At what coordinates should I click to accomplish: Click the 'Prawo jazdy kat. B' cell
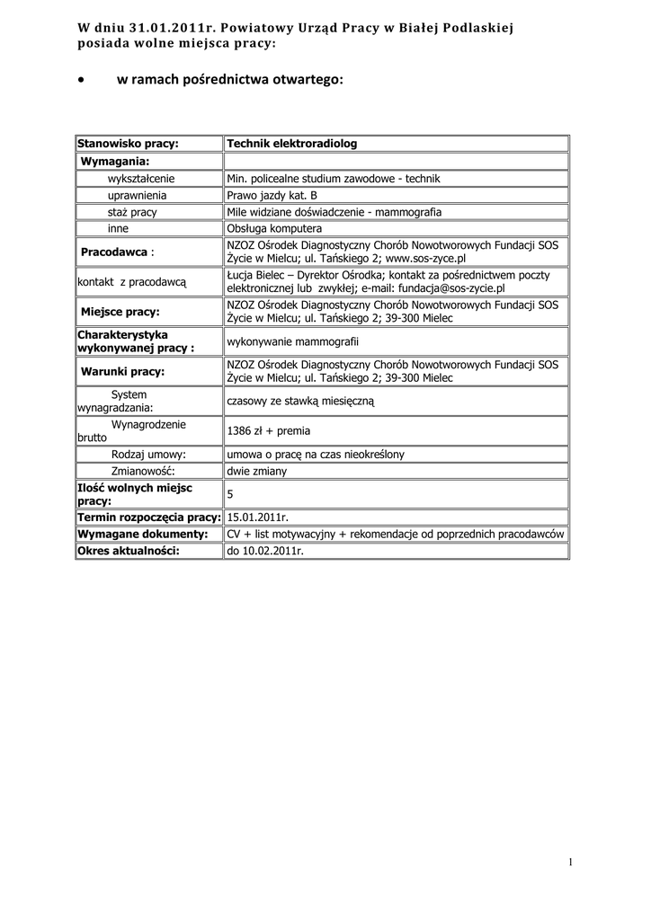(x=272, y=195)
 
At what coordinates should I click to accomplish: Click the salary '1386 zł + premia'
(x=269, y=430)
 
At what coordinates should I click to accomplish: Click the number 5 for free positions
(x=230, y=494)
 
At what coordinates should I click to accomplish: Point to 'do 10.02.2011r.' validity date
(x=265, y=551)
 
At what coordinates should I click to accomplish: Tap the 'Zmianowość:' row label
(x=141, y=471)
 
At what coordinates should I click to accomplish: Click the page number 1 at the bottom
(x=570, y=863)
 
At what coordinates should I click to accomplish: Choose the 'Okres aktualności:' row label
(x=129, y=551)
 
